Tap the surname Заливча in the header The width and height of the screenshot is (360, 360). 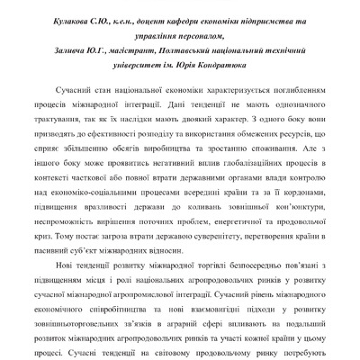(75, 50)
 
